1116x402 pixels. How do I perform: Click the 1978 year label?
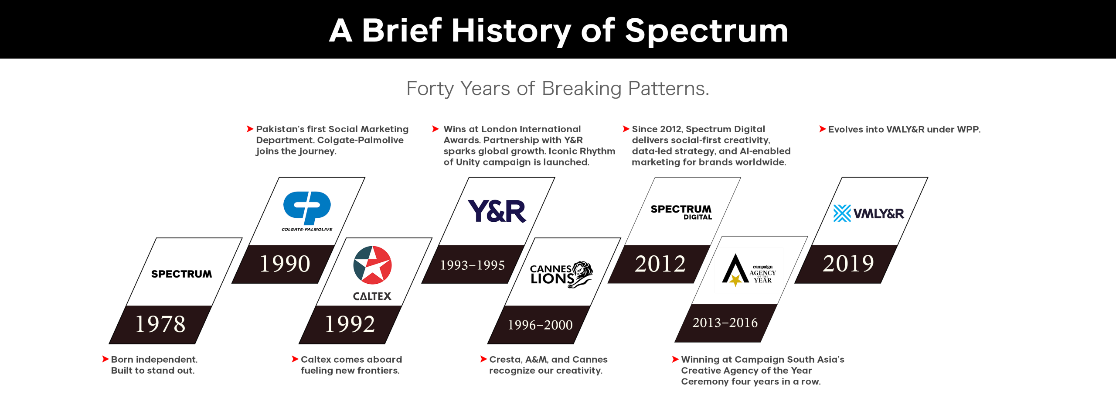coord(160,324)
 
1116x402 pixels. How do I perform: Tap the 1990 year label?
coord(285,264)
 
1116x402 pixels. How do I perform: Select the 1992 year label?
coord(350,324)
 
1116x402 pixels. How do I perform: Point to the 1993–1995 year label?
coord(473,265)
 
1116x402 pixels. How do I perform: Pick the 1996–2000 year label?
coord(540,325)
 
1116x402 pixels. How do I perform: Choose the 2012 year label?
coord(660,264)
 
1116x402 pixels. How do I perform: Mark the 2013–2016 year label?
coord(725,323)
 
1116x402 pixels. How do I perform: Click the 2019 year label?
coord(848,264)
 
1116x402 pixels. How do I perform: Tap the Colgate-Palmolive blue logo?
coord(307,208)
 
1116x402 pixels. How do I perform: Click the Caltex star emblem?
coord(372,265)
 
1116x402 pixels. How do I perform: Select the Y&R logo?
coord(497,211)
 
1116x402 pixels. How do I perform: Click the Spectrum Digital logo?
coord(681,212)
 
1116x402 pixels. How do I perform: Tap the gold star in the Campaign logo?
coord(735,280)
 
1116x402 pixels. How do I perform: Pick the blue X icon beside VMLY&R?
coord(842,213)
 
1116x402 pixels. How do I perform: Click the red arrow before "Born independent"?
coord(105,359)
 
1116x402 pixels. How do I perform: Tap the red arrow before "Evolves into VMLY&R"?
coord(823,129)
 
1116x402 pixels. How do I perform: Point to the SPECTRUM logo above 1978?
coord(182,274)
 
